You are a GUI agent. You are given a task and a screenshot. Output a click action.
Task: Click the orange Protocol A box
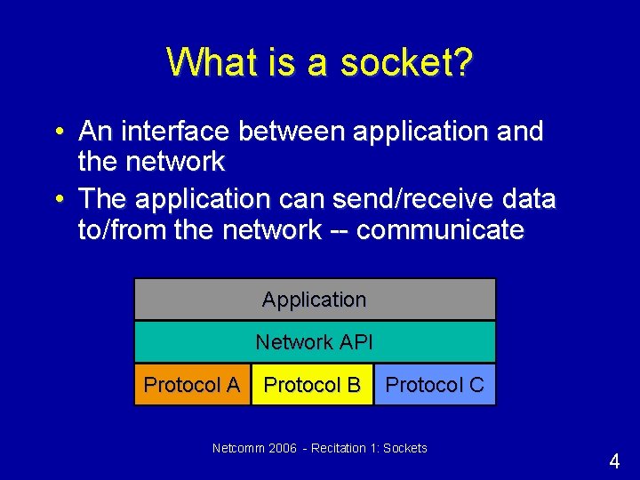tap(192, 385)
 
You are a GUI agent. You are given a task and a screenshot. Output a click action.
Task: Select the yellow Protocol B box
tap(312, 385)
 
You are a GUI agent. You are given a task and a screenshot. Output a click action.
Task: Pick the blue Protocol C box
tap(435, 385)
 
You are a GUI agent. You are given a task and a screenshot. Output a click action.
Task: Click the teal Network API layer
tap(315, 342)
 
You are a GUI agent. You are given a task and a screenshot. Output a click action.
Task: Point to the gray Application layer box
tap(315, 300)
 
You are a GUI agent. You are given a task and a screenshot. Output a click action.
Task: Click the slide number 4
tap(614, 461)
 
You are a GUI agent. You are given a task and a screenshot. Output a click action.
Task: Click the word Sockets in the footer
tap(404, 448)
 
